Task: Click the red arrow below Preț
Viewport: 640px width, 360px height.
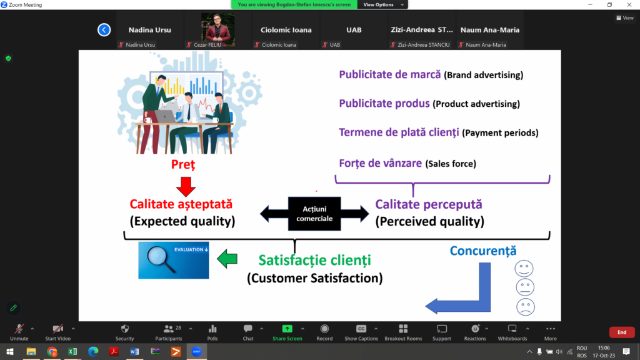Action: click(186, 186)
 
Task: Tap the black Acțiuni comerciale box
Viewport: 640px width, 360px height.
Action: click(314, 214)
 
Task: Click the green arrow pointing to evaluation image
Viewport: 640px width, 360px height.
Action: click(227, 259)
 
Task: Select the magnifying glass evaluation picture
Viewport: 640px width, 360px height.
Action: click(174, 260)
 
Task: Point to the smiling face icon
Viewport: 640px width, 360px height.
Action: click(524, 269)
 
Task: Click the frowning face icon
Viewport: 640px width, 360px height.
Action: click(525, 307)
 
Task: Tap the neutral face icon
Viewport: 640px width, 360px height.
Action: click(525, 287)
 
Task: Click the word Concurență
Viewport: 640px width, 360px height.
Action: click(483, 251)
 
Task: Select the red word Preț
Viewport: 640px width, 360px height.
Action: click(183, 164)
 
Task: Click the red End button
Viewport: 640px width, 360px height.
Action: click(622, 332)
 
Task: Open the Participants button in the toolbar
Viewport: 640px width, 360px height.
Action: click(169, 332)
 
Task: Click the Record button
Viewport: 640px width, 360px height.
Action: click(324, 332)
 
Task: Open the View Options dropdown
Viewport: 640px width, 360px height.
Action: click(382, 4)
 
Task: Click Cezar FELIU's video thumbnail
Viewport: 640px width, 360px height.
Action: click(217, 30)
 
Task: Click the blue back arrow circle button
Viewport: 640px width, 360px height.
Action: click(104, 30)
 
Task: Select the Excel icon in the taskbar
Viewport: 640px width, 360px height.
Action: click(72, 351)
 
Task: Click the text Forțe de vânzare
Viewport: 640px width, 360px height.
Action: click(381, 163)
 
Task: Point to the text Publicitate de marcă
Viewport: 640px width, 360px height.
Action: click(390, 74)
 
